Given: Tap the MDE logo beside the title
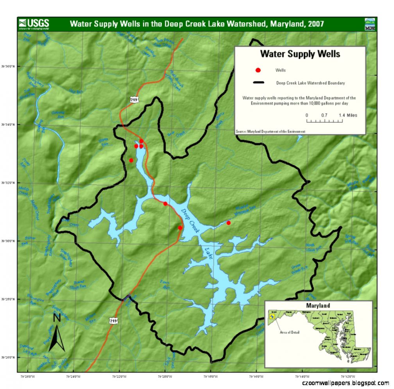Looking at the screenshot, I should (369, 24).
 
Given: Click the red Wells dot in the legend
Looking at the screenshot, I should (258, 70).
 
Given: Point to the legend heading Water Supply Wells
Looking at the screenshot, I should (300, 54).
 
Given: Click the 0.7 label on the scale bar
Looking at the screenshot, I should (324, 115).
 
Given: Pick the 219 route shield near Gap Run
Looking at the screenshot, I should (134, 100).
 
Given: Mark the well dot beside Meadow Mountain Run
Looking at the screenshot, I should (229, 223).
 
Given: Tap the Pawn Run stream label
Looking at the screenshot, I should (165, 284).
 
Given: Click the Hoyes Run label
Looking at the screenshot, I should (104, 142).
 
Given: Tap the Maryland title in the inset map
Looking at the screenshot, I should (318, 306).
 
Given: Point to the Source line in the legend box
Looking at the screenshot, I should (270, 132).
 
